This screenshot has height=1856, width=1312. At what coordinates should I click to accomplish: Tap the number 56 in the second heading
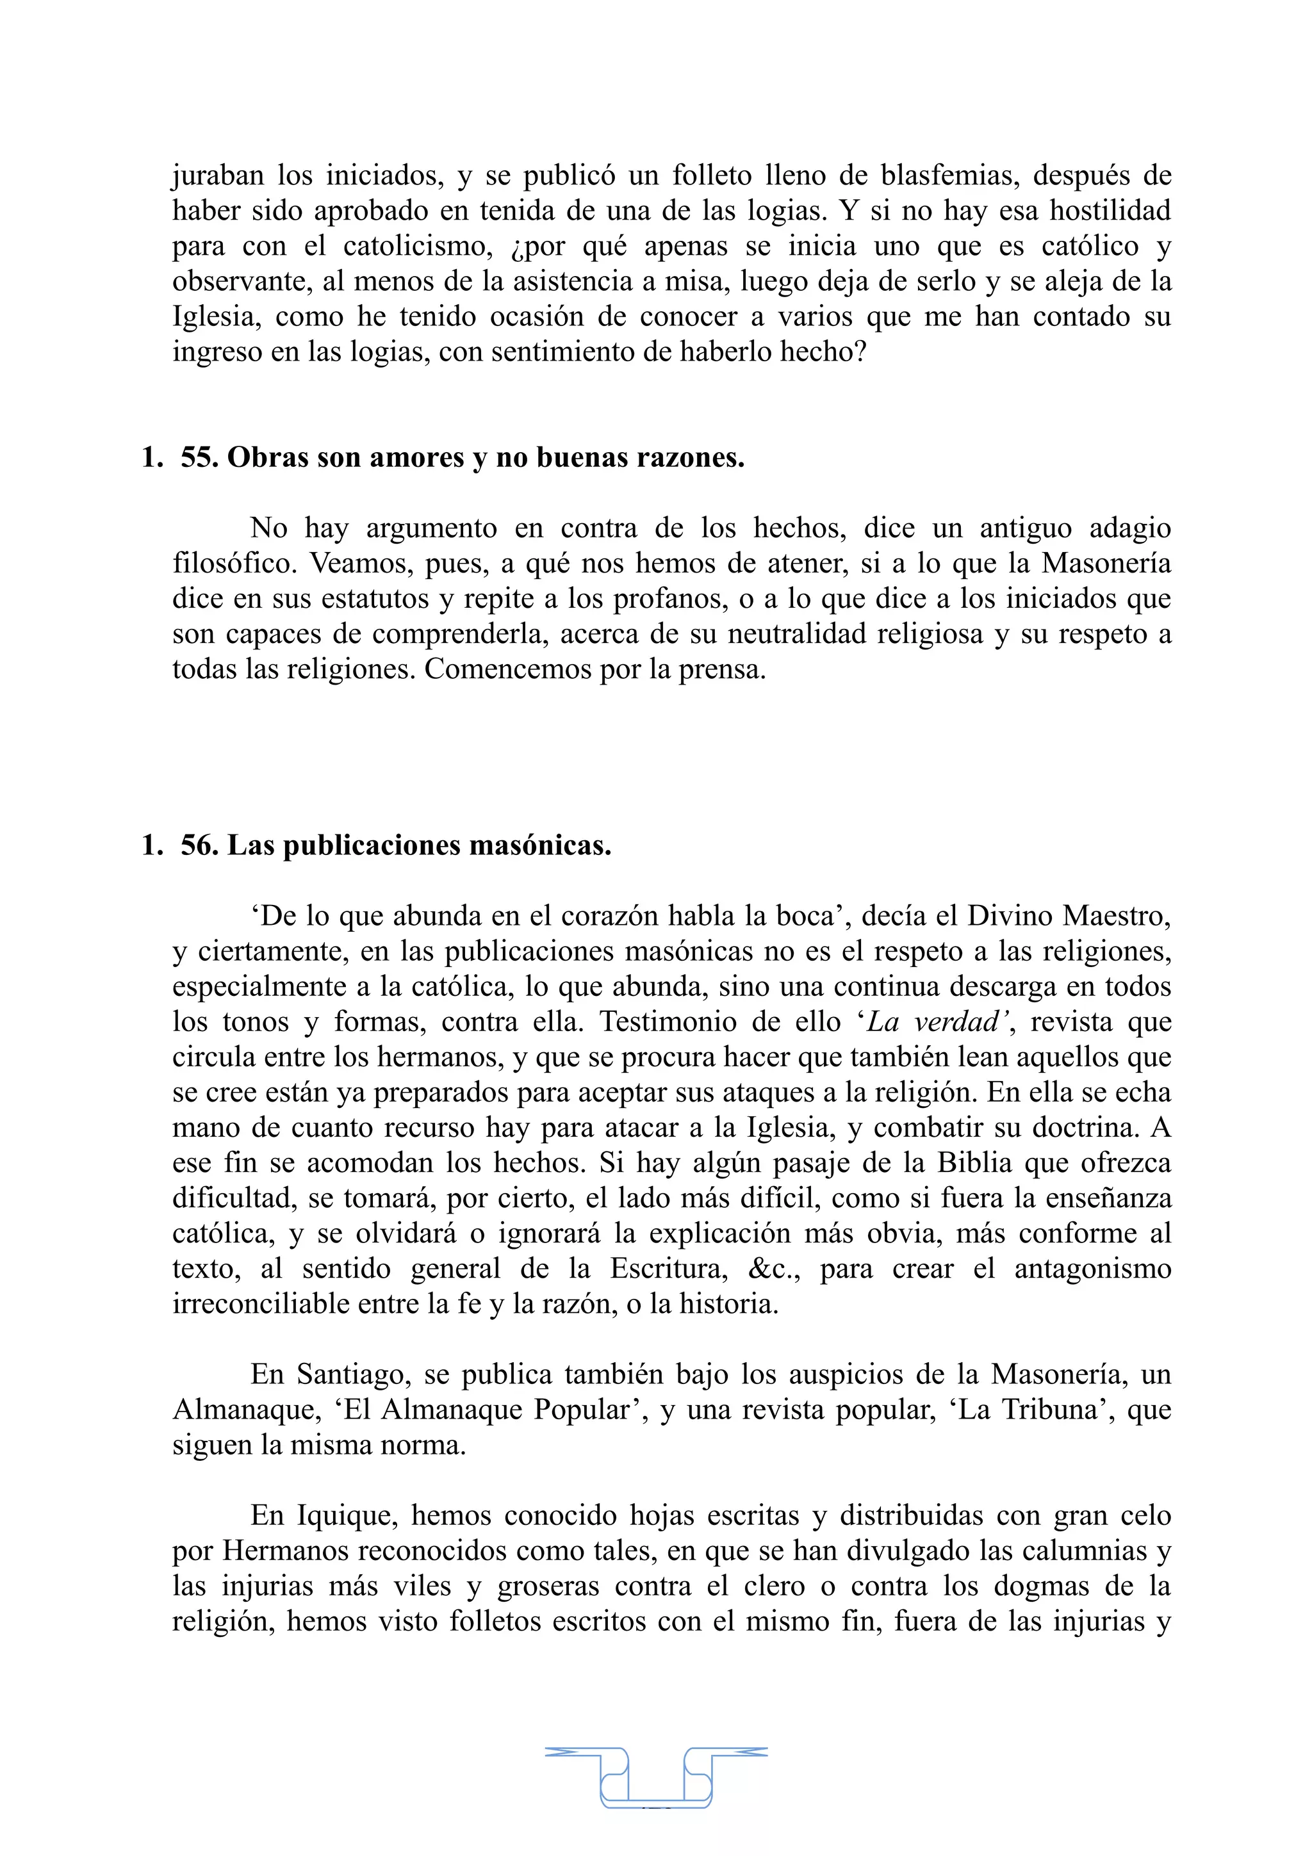tap(199, 845)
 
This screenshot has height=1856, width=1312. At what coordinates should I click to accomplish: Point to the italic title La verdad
tap(938, 1023)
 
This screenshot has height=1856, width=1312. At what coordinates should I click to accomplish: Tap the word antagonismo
tap(1092, 1269)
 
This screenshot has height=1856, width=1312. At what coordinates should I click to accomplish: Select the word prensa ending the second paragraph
tap(721, 669)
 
